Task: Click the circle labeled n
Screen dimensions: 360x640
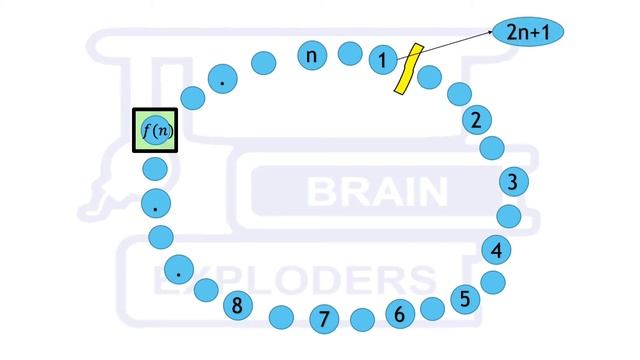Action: click(312, 55)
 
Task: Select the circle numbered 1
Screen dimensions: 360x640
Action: click(382, 60)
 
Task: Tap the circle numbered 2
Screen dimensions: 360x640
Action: click(477, 120)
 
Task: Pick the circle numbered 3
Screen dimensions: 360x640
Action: click(513, 182)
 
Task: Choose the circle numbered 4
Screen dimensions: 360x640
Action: click(497, 249)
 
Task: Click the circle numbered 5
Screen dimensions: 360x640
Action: click(464, 297)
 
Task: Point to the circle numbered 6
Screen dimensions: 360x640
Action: click(399, 314)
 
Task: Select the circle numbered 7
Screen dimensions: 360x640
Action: click(323, 319)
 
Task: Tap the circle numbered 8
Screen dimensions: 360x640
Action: click(237, 305)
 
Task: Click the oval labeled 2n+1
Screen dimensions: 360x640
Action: click(529, 33)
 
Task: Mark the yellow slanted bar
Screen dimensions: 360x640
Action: click(405, 70)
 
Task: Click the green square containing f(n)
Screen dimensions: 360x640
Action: click(155, 131)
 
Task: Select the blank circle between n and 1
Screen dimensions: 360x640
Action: click(349, 53)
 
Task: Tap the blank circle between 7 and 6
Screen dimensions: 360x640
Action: click(362, 320)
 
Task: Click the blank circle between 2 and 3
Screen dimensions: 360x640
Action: click(492, 148)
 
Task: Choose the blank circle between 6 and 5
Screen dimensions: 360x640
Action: click(432, 308)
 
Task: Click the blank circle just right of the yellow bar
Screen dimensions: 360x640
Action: click(429, 76)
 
